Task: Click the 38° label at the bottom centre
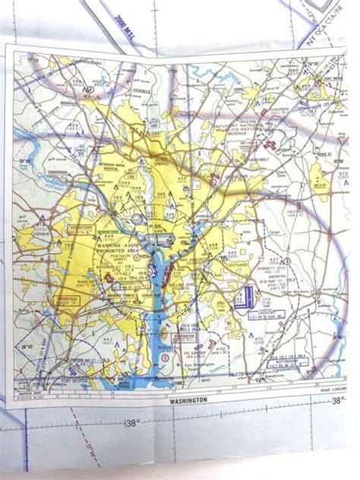132,424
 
